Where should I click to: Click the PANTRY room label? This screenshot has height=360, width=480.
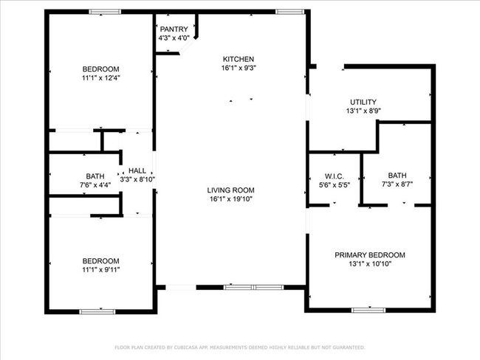tap(174, 29)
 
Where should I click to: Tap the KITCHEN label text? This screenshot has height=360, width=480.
tap(239, 59)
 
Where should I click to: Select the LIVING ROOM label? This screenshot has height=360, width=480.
tap(231, 190)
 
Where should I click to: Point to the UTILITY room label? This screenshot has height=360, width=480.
tap(363, 102)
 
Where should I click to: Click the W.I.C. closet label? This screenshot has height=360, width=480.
tap(335, 176)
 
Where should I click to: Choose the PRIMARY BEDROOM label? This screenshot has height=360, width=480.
tap(370, 255)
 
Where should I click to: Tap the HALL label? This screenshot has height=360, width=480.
tap(137, 170)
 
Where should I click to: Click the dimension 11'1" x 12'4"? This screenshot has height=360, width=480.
tap(100, 77)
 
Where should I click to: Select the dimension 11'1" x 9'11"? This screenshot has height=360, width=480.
tap(100, 269)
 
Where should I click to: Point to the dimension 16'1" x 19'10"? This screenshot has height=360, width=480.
tap(231, 198)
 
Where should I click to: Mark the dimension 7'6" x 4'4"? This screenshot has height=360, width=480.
tap(95, 184)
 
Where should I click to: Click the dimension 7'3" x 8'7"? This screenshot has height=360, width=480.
tap(397, 184)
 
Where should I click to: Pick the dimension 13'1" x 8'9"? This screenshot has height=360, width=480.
tap(363, 111)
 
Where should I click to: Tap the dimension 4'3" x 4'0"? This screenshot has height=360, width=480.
tap(174, 38)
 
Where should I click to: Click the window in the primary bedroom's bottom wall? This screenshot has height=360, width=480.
tap(368, 310)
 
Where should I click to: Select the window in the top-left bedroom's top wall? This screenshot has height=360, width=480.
tap(105, 12)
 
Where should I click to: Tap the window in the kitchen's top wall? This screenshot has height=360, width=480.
tap(290, 12)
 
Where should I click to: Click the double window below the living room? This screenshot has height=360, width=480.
tap(253, 287)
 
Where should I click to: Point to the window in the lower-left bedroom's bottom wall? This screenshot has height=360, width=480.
tap(97, 311)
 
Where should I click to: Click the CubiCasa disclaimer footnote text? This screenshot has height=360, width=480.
tap(240, 347)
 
